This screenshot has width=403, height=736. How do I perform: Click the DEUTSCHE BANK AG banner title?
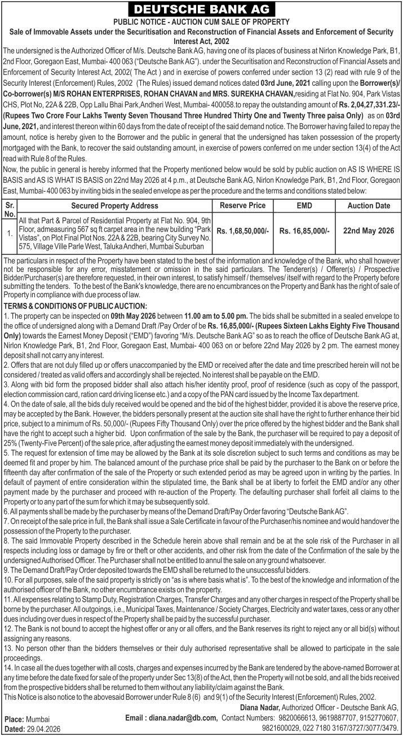(201, 9)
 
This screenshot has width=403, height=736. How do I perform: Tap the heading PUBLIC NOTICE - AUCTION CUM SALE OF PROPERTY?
(201, 21)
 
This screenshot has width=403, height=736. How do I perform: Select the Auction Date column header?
(368, 205)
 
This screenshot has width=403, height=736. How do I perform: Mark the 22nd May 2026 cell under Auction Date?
(368, 231)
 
